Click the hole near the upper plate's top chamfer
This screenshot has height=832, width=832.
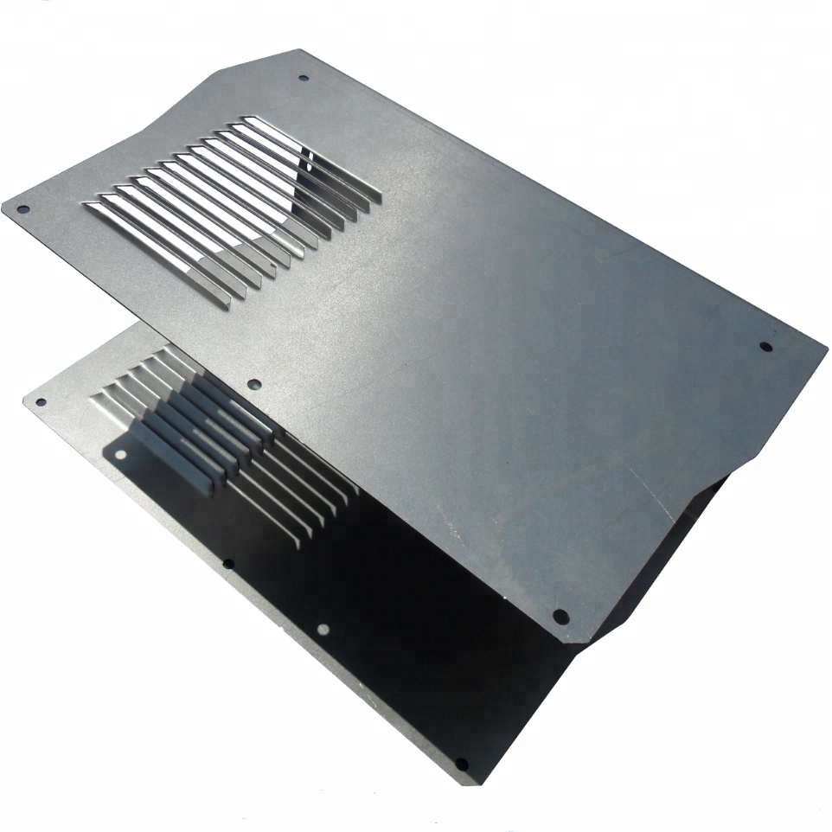(x=304, y=78)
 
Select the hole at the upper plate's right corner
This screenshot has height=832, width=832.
(x=765, y=347)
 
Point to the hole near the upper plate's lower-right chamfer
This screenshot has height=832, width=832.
(x=560, y=617)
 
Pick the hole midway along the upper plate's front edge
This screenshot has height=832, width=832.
(x=253, y=384)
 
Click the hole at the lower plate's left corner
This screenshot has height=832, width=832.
(x=39, y=400)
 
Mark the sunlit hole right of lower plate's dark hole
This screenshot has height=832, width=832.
(x=323, y=630)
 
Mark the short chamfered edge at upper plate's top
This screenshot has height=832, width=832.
(x=259, y=58)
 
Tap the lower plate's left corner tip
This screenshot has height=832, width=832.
(x=22, y=399)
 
